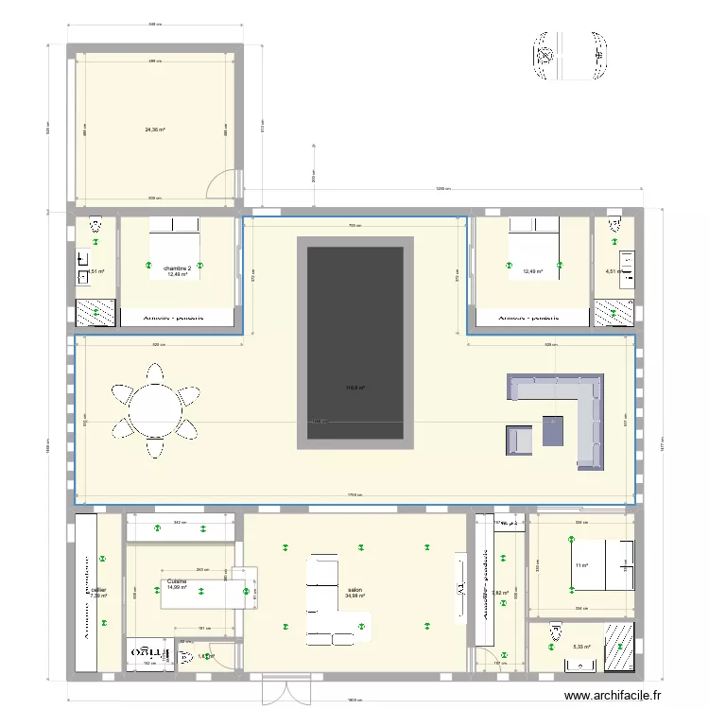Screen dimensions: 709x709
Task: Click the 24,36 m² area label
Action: (154, 130)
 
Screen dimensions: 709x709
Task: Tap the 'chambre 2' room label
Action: (177, 268)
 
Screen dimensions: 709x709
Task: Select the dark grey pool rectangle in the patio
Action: (355, 342)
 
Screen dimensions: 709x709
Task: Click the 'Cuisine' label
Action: (177, 581)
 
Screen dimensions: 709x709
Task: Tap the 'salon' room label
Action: (354, 588)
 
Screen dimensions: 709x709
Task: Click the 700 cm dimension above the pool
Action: (354, 227)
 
